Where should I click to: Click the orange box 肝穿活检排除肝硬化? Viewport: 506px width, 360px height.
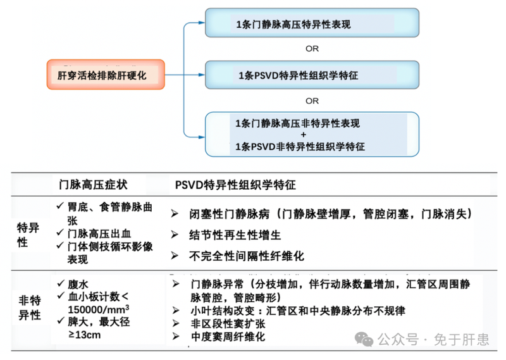pos(106,75)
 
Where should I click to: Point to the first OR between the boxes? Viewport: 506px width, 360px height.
pos(312,49)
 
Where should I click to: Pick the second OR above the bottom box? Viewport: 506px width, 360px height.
pos(312,101)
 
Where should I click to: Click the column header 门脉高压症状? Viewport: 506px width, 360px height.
pos(93,184)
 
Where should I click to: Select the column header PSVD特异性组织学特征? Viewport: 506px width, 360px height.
pos(235,184)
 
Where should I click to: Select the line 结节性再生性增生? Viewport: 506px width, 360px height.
pos(235,235)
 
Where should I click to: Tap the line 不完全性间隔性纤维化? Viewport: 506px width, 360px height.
pos(247,256)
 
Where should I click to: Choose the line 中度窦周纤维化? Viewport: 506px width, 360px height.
pos(227,337)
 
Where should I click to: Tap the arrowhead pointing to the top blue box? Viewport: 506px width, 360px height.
pos(202,24)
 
